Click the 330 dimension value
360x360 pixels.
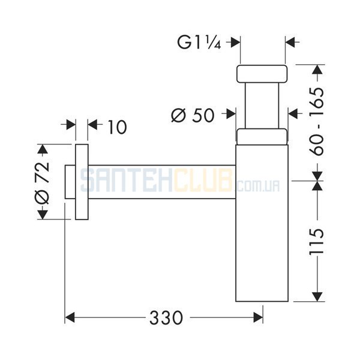click(x=166, y=318)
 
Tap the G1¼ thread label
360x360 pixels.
click(x=199, y=42)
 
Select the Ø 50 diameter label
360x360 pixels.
click(x=193, y=115)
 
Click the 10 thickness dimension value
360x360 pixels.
click(x=118, y=127)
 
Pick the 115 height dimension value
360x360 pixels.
click(x=317, y=241)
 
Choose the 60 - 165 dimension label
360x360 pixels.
click(x=317, y=122)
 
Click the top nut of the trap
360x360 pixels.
click(x=262, y=74)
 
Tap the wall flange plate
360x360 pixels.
click(x=82, y=182)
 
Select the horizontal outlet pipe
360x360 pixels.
click(x=162, y=182)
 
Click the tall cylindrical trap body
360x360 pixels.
click(x=262, y=223)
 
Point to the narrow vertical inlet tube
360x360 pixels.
click(x=262, y=106)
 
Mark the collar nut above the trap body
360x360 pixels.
click(x=262, y=137)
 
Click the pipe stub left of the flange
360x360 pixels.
click(x=70, y=182)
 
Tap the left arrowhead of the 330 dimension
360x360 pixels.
click(x=70, y=317)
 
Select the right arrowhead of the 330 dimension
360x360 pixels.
click(x=258, y=317)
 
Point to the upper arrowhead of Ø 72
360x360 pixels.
click(x=42, y=149)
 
